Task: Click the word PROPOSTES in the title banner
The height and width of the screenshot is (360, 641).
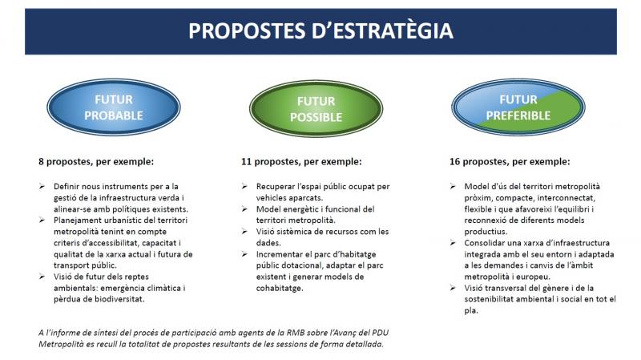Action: pyautogui.click(x=244, y=31)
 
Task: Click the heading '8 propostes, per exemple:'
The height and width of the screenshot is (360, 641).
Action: pyautogui.click(x=96, y=161)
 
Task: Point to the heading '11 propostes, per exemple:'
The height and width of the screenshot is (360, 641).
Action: pyautogui.click(x=301, y=161)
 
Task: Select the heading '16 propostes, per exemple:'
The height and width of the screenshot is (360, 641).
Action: pyautogui.click(x=510, y=161)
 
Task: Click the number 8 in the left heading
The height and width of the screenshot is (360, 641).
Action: pyautogui.click(x=42, y=161)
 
